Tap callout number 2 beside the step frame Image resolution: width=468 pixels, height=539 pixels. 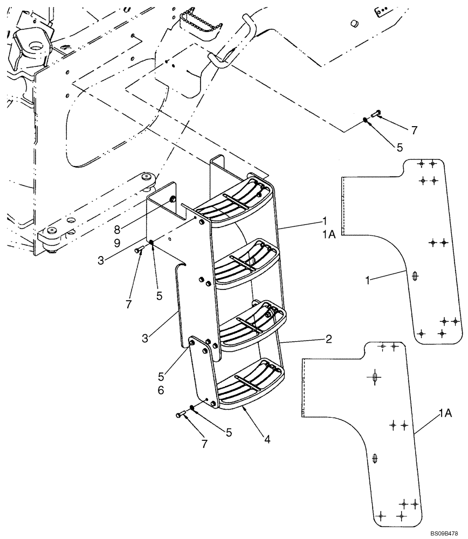328,340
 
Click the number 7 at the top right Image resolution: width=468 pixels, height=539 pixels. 414,130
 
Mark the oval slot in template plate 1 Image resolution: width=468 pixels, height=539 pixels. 414,276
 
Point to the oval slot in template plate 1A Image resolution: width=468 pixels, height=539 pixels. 376,459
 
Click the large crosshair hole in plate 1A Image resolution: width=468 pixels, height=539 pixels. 373,378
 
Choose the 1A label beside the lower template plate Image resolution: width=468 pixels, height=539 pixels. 445,413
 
